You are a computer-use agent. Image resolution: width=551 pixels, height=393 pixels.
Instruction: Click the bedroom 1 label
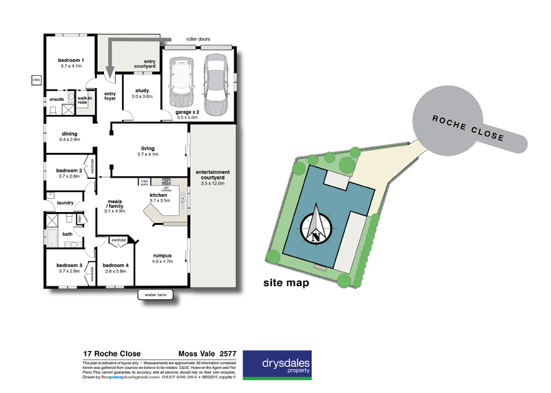click(x=72, y=60)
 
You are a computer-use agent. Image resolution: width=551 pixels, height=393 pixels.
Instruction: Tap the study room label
click(x=142, y=90)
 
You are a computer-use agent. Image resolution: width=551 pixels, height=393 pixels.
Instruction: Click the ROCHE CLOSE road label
click(x=468, y=128)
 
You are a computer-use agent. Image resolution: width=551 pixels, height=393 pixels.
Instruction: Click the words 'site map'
click(x=287, y=283)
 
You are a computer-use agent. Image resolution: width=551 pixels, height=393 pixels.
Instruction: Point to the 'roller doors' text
click(x=198, y=40)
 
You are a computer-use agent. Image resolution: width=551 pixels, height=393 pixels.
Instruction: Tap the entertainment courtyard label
click(x=212, y=172)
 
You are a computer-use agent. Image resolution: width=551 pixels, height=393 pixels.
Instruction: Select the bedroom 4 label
click(x=116, y=266)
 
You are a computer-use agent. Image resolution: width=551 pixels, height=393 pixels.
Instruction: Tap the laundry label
click(x=65, y=202)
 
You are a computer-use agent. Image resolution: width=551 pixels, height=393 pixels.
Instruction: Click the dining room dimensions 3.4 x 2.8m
click(x=70, y=140)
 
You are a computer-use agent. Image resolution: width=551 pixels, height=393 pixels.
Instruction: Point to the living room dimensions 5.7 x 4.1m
click(x=148, y=155)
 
